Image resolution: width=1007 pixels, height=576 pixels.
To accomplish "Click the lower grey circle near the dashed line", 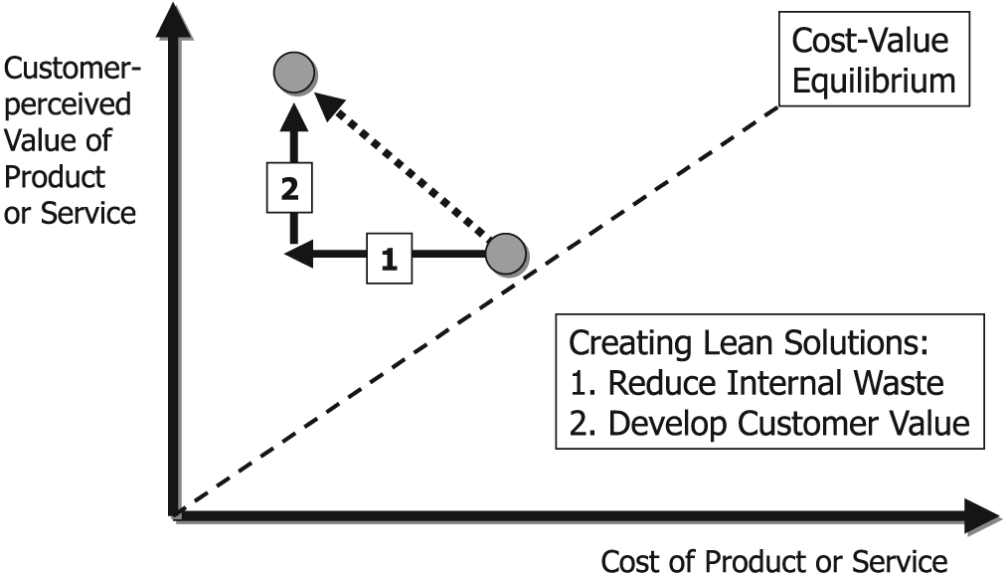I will coord(505,254).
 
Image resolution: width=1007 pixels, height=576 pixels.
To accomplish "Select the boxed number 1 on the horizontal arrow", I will coord(389,259).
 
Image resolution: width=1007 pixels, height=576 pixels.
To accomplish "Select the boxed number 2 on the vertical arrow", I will coord(290,188).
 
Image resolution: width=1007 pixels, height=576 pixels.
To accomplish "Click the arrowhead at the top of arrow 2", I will coord(291,110).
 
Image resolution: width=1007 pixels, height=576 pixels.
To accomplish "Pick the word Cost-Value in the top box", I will coord(869,41).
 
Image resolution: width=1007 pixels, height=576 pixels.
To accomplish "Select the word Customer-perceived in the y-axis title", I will coord(72,87).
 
